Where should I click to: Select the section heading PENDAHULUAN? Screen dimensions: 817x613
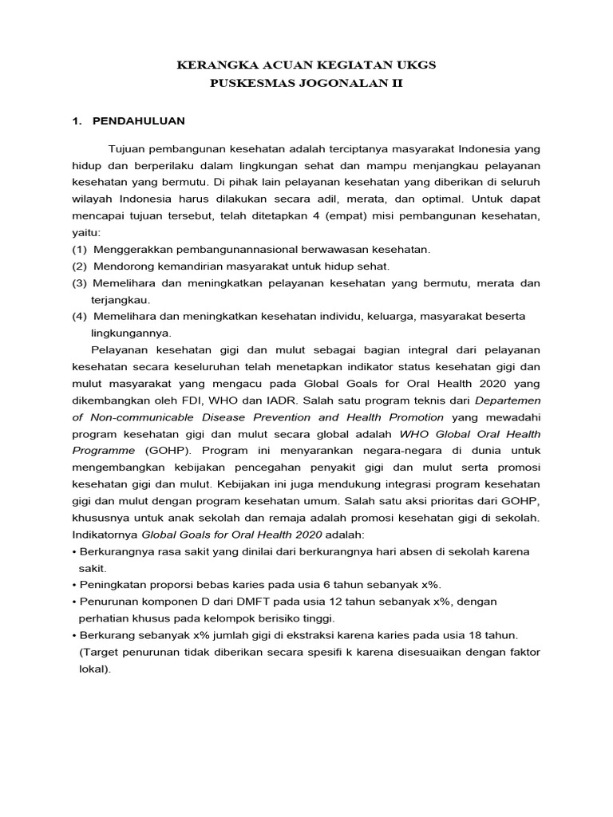click(x=139, y=120)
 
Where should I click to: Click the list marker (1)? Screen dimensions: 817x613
click(x=79, y=250)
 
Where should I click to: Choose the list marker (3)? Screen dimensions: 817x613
click(x=79, y=283)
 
